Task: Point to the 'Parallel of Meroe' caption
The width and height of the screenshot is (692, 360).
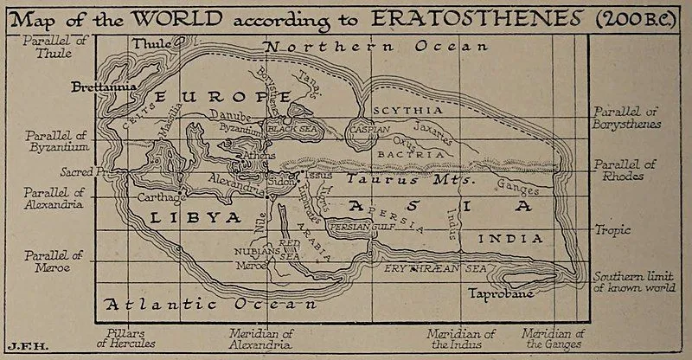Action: pos(54,260)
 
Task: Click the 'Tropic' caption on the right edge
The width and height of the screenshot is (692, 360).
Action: pos(612,230)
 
